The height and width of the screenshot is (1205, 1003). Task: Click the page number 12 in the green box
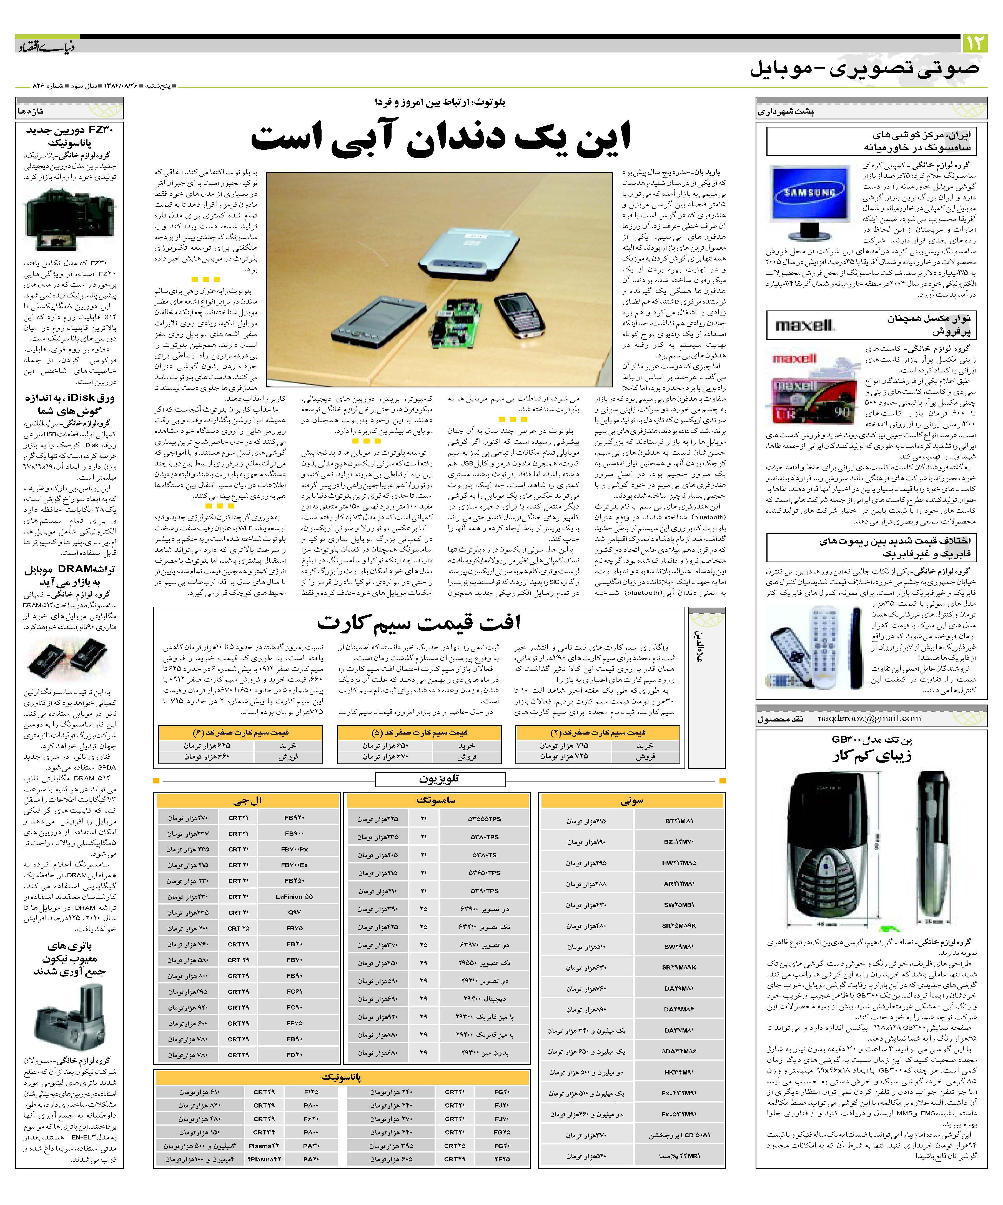coord(976,43)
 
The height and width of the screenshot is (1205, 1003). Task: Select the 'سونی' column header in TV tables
coord(632,801)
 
